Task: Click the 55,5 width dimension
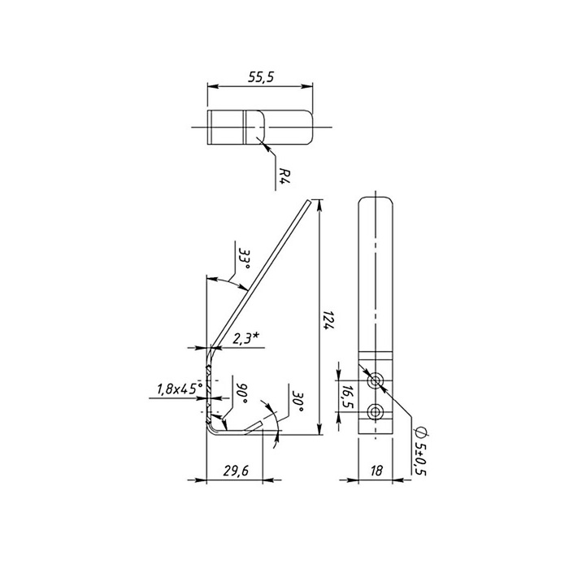click(261, 77)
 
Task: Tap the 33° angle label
click(245, 259)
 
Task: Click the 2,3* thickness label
click(245, 339)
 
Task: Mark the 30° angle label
click(298, 402)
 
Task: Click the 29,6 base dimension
click(236, 471)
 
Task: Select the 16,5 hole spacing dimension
click(347, 397)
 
